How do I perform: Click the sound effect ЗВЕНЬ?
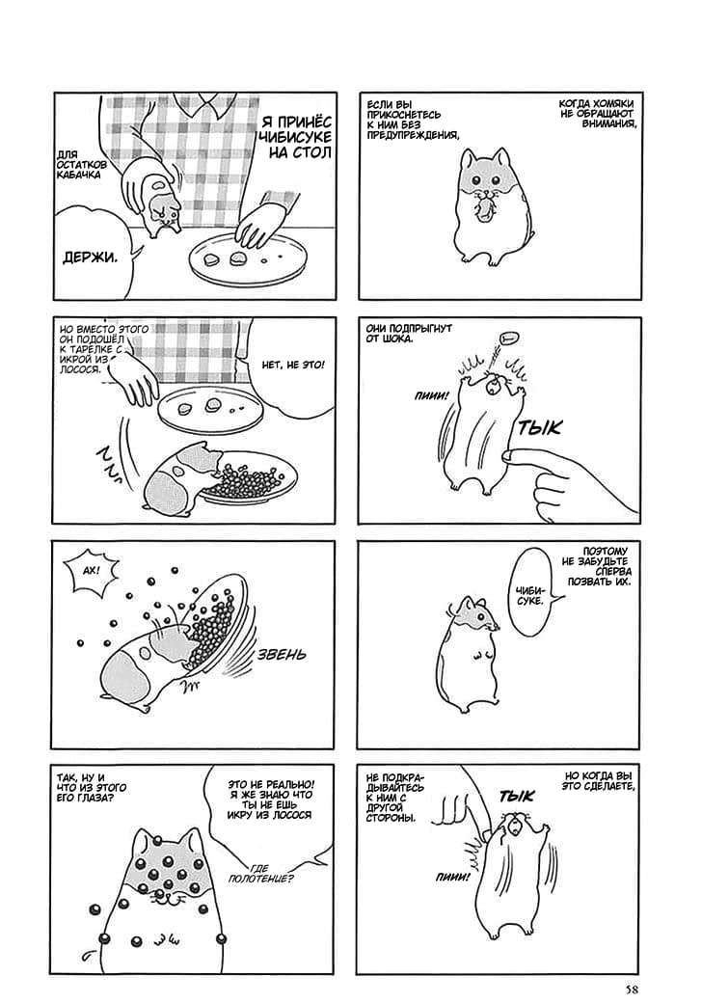[x=281, y=655]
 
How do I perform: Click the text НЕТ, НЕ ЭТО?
[x=293, y=365]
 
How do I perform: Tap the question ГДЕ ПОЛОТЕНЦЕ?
[x=261, y=873]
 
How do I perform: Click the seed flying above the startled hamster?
[x=508, y=338]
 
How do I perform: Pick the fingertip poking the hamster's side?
[x=509, y=455]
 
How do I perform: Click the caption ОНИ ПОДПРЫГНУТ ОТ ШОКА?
[x=409, y=333]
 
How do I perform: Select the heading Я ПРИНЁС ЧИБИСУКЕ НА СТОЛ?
[x=295, y=138]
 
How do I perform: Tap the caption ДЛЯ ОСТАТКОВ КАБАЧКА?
[x=79, y=164]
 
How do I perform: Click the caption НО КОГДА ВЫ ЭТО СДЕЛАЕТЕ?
[x=599, y=780]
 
